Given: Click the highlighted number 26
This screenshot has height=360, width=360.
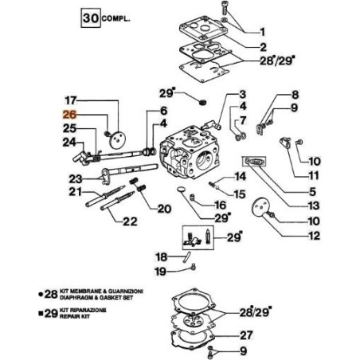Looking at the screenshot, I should pos(70,115).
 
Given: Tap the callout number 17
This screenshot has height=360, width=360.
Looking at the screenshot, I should pos(70,101).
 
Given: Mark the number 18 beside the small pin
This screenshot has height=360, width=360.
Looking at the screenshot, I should pos(160,256).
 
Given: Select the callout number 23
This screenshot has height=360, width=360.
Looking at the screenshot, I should pos(75,178).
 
